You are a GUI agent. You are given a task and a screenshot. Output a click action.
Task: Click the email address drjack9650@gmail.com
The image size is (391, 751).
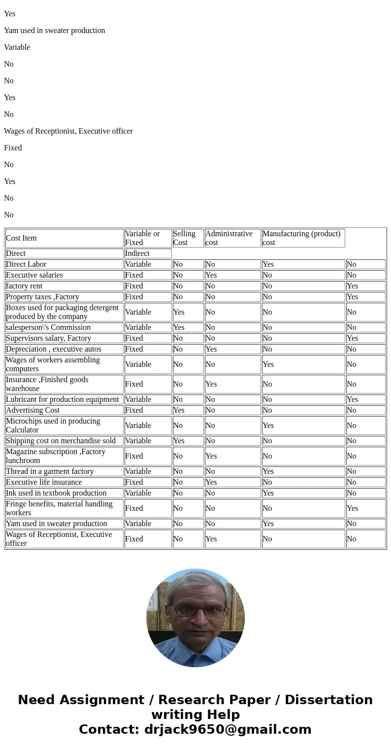[228, 729]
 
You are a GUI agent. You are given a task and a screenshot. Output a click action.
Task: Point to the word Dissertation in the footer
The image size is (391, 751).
[328, 700]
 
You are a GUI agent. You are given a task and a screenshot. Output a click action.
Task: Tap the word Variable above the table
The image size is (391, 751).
[17, 47]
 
